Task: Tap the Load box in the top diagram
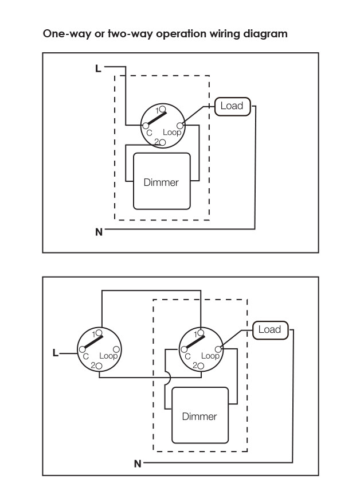[x=232, y=107]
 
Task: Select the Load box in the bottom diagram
[x=270, y=330]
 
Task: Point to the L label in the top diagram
[x=98, y=68]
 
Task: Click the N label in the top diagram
[x=99, y=232]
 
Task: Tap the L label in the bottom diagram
[x=56, y=353]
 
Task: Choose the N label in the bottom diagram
[x=138, y=464]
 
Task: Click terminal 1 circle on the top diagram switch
[x=162, y=109]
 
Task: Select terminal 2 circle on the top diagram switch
[x=162, y=142]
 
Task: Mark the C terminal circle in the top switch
[x=146, y=126]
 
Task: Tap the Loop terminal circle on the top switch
[x=180, y=126]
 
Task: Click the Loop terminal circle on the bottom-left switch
[x=116, y=349]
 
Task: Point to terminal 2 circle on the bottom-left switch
[x=99, y=366]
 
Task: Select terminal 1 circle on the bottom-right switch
[x=201, y=333]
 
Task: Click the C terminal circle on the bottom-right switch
[x=184, y=349]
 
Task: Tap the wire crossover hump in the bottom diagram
[x=170, y=378]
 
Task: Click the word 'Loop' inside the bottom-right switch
[x=210, y=356]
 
